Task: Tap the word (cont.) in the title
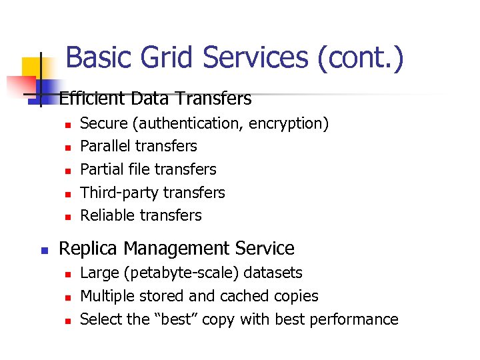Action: coord(361,59)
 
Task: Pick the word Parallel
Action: coord(104,146)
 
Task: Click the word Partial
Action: coord(102,169)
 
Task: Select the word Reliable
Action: coord(107,215)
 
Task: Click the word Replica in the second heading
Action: coord(88,249)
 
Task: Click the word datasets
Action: coord(274,273)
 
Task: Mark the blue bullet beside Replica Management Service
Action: coord(41,251)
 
